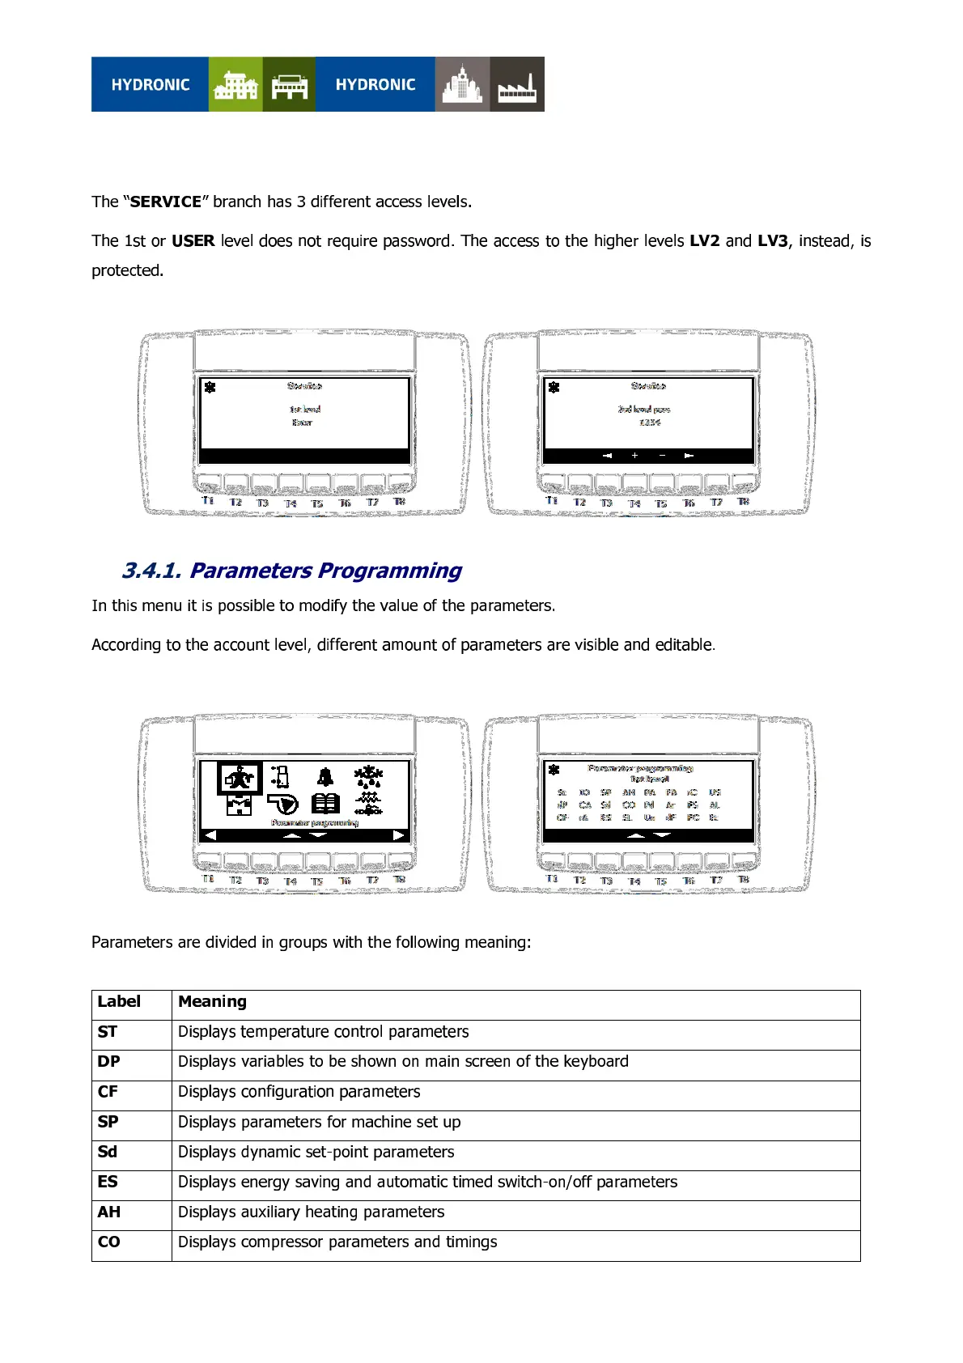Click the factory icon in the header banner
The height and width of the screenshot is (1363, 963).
[x=517, y=85]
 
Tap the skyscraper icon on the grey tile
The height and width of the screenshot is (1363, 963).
[x=462, y=85]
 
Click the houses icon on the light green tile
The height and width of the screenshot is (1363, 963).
[x=235, y=85]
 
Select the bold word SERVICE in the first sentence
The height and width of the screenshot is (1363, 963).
[x=166, y=202]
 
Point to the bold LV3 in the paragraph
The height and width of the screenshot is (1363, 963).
[x=772, y=240]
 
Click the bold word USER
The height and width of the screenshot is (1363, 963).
[x=193, y=240]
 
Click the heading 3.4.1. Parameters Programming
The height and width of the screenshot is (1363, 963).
[x=291, y=571]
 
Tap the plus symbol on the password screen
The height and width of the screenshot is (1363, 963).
[x=635, y=456]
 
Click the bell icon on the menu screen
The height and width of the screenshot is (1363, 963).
[x=325, y=778]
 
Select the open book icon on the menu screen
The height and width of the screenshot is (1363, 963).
[x=325, y=803]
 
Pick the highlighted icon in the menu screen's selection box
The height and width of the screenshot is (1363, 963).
[x=239, y=779]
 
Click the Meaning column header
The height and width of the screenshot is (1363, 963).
[x=212, y=1001]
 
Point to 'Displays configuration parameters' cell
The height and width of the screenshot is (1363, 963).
[x=299, y=1092]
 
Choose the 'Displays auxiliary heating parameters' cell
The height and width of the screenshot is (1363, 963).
[x=311, y=1212]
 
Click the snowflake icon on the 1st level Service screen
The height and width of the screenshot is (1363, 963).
[x=210, y=387]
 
